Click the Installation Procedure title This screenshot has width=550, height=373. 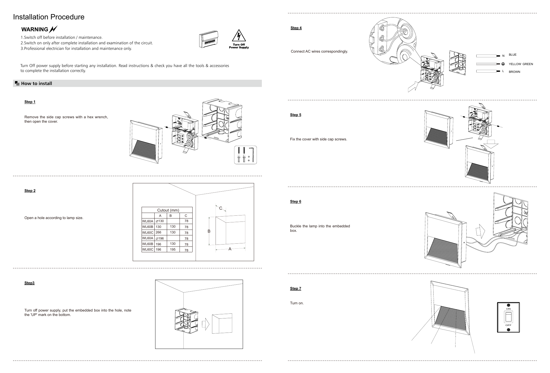coord(49,17)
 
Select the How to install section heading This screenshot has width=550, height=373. coord(37,84)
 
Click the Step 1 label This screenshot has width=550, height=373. coord(30,102)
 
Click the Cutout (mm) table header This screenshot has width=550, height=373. coord(168,210)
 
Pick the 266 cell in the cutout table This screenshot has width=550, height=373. coord(158,233)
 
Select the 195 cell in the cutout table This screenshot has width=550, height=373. coord(173,249)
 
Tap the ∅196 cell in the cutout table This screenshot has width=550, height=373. coord(160,238)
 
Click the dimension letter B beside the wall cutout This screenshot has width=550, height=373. coord(209,231)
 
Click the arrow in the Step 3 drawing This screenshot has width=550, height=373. coord(206,324)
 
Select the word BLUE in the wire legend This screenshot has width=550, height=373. coord(513,55)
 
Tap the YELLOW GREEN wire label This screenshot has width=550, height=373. coord(521,64)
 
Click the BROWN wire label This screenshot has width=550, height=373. coord(515,72)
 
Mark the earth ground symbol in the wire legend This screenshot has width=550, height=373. coord(503,64)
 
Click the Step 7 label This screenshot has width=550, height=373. coord(296,289)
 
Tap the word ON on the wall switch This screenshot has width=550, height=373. coord(508,309)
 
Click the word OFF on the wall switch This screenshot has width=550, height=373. coord(508,325)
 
